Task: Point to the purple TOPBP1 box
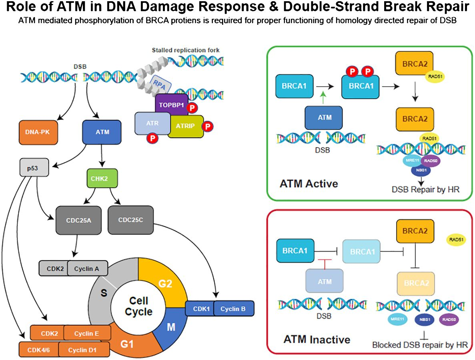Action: [x=172, y=105]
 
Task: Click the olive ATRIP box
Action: [x=185, y=126]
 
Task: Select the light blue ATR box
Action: [x=152, y=123]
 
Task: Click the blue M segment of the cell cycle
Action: [x=171, y=327]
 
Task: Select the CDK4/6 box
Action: [x=39, y=350]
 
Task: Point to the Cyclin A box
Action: [x=88, y=269]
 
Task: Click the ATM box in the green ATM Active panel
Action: [x=324, y=118]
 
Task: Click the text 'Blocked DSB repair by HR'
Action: [x=420, y=345]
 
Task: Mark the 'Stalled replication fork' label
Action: [x=185, y=50]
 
